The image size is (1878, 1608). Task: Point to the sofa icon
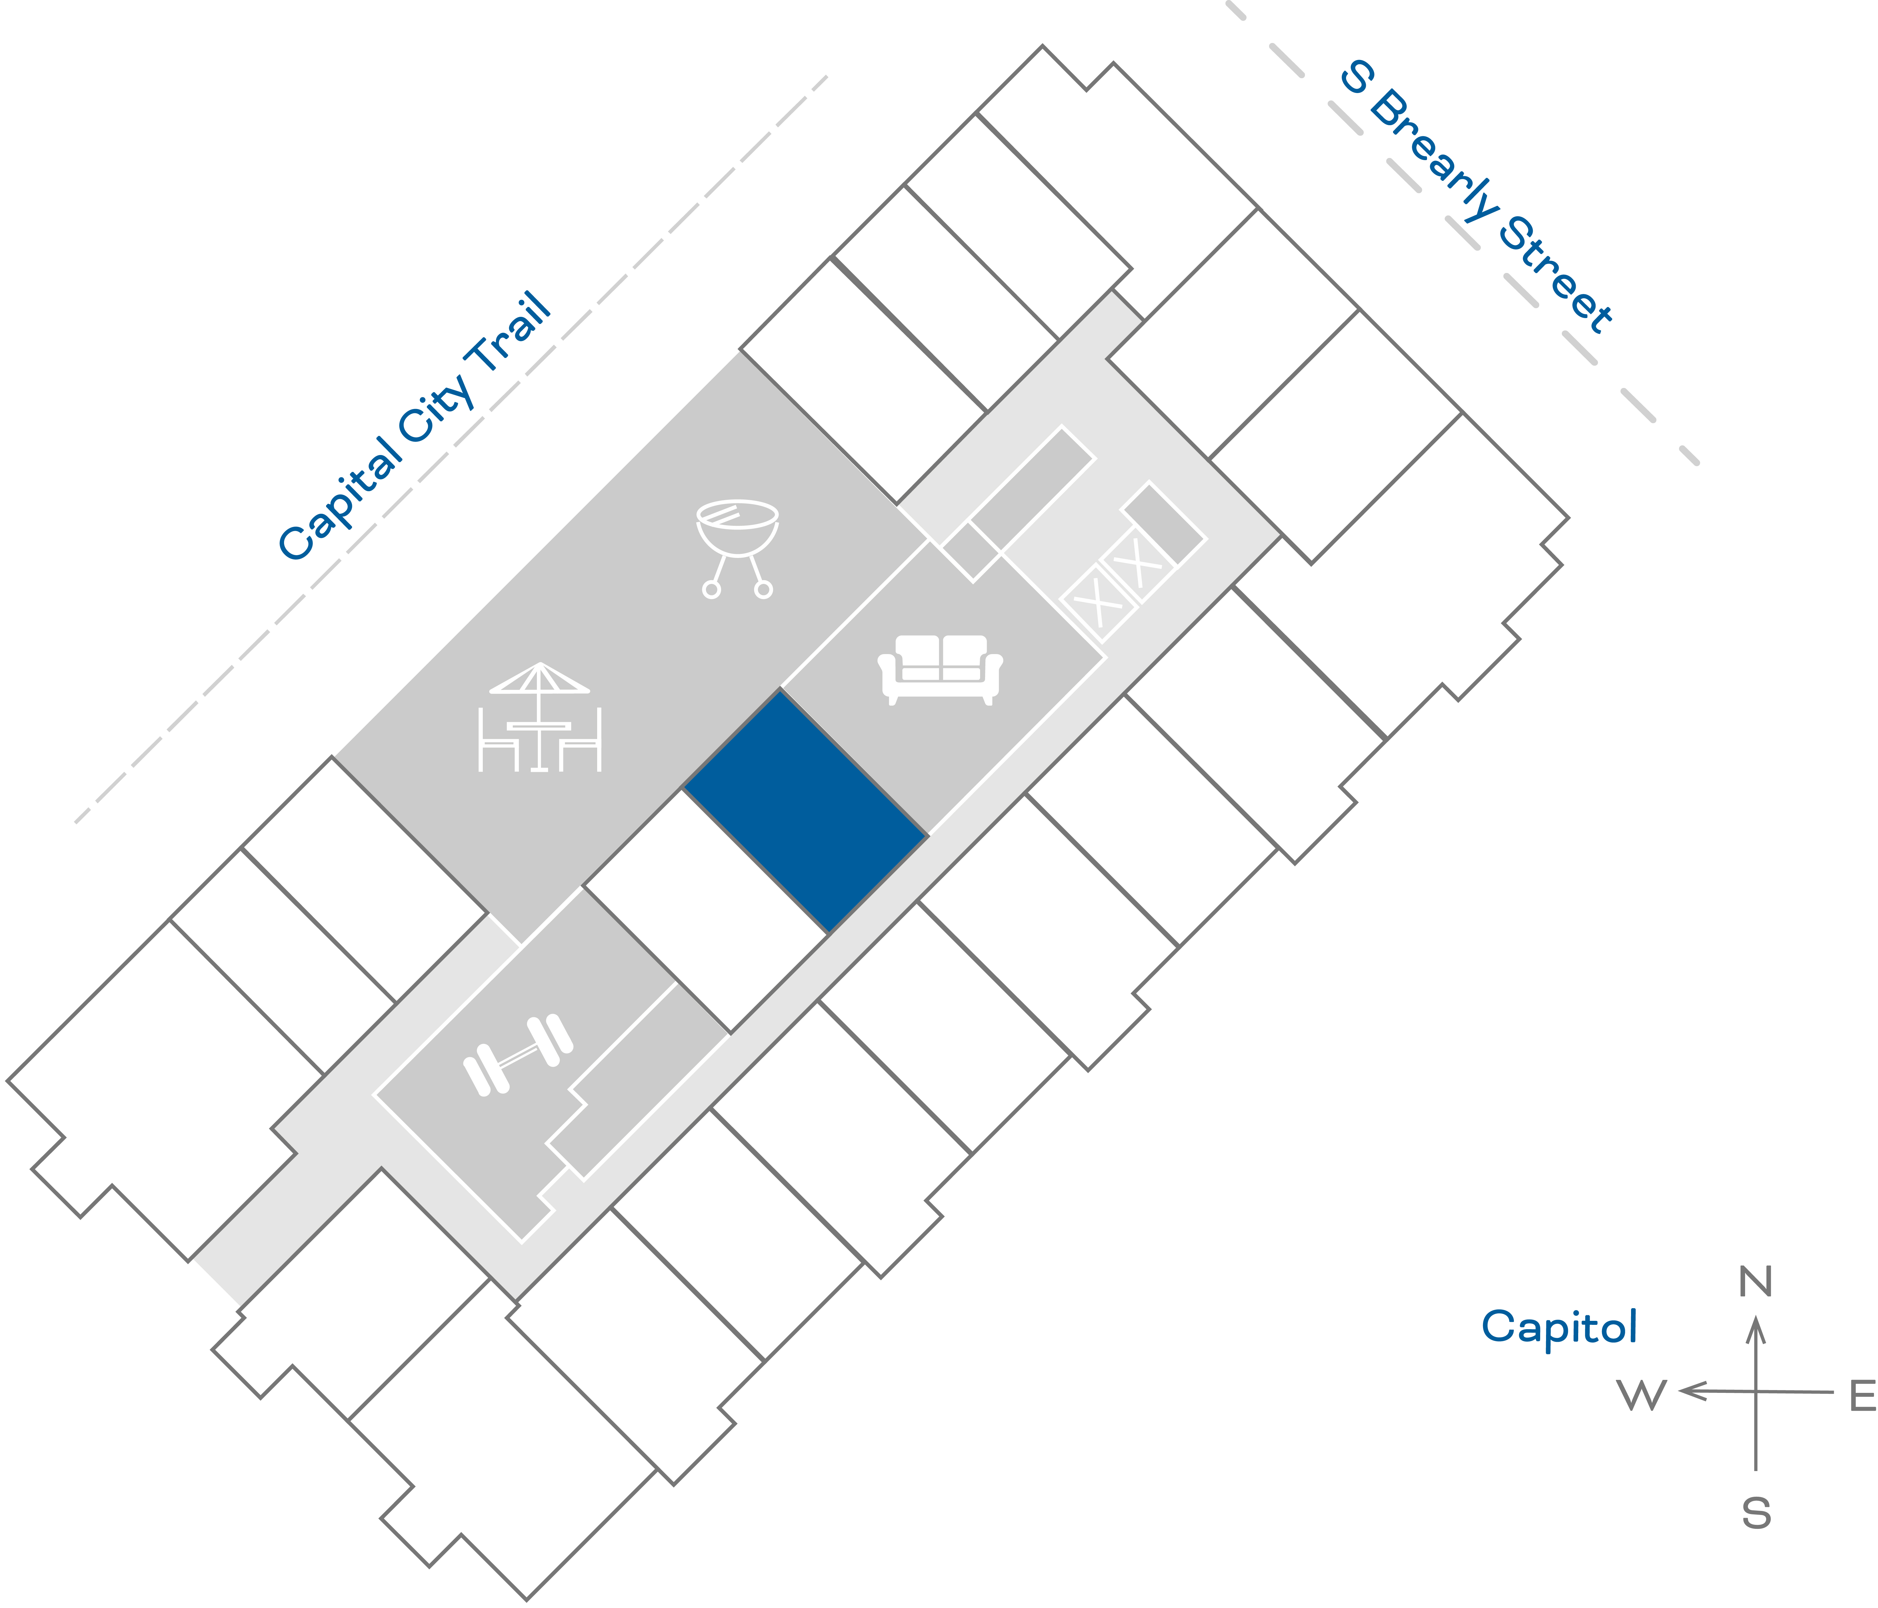coord(940,669)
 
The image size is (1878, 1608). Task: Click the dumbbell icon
coord(517,1056)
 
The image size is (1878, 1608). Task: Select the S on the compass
coord(1756,1513)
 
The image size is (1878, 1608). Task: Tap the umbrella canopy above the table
coord(539,678)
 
